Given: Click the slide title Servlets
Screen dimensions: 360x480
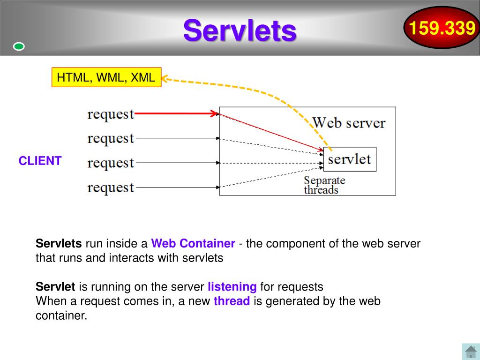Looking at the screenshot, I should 240,30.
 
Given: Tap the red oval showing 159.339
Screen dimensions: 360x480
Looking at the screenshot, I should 441,29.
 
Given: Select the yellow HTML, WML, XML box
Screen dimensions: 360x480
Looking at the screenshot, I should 106,77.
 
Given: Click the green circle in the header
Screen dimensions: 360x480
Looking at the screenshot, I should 19,46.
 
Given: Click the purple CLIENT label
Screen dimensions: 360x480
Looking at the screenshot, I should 40,161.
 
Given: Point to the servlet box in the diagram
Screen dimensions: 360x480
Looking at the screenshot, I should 350,159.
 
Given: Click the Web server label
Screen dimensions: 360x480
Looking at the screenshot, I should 349,123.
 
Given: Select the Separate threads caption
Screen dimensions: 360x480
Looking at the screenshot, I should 324,185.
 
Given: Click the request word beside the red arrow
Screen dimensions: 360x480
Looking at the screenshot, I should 111,114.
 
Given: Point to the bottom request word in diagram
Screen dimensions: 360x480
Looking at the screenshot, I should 111,187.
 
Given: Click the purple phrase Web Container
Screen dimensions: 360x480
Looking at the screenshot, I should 193,244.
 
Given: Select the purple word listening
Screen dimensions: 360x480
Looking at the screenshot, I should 232,286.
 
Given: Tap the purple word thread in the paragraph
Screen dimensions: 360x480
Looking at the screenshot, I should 232,301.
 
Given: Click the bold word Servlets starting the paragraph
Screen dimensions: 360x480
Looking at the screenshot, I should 59,244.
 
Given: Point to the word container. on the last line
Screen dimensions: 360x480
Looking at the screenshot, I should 61,315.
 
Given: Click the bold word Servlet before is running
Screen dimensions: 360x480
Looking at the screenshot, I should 55,286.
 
